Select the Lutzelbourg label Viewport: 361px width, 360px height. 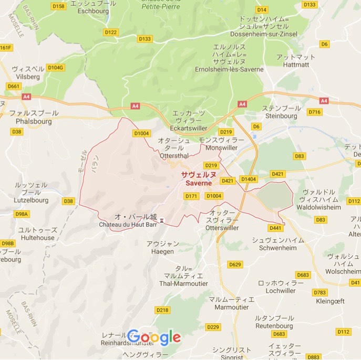pyautogui.click(x=32, y=200)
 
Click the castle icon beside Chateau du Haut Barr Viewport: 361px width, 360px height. pyautogui.click(x=162, y=220)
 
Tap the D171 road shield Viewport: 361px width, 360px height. pyautogui.click(x=191, y=196)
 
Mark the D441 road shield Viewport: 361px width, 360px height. pyautogui.click(x=275, y=228)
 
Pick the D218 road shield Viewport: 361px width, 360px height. pyautogui.click(x=163, y=310)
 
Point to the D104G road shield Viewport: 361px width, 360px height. pyautogui.click(x=55, y=68)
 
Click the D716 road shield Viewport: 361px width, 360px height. pyautogui.click(x=315, y=112)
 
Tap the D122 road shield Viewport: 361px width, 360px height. pyautogui.click(x=111, y=32)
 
